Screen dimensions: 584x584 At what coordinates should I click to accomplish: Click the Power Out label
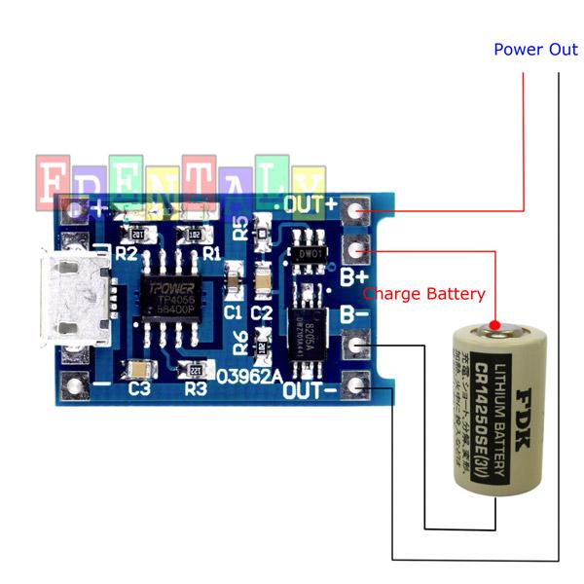(535, 50)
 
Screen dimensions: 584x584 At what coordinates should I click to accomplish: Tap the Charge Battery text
(423, 293)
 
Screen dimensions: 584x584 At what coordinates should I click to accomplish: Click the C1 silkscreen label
(233, 312)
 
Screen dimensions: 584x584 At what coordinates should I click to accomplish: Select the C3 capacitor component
(139, 369)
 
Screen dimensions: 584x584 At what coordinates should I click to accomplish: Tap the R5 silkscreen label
(240, 228)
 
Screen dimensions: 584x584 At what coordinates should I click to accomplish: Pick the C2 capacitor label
(261, 312)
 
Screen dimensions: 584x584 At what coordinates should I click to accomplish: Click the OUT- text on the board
(310, 390)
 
